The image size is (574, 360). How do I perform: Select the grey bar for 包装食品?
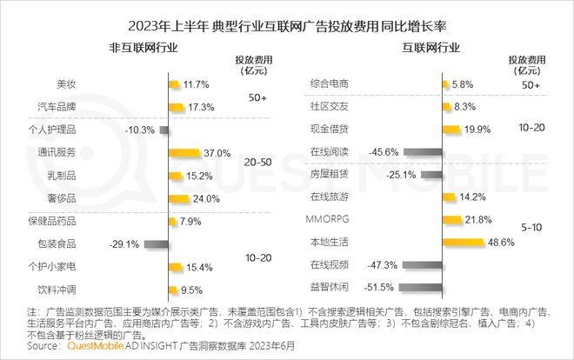[157, 243]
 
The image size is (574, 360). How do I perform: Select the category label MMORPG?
[329, 219]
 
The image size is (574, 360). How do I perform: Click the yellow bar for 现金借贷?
[451, 130]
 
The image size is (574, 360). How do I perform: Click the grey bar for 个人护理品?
[164, 130]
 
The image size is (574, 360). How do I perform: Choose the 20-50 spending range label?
[257, 162]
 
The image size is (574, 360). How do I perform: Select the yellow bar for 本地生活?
[462, 242]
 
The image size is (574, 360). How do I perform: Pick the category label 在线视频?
[328, 264]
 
